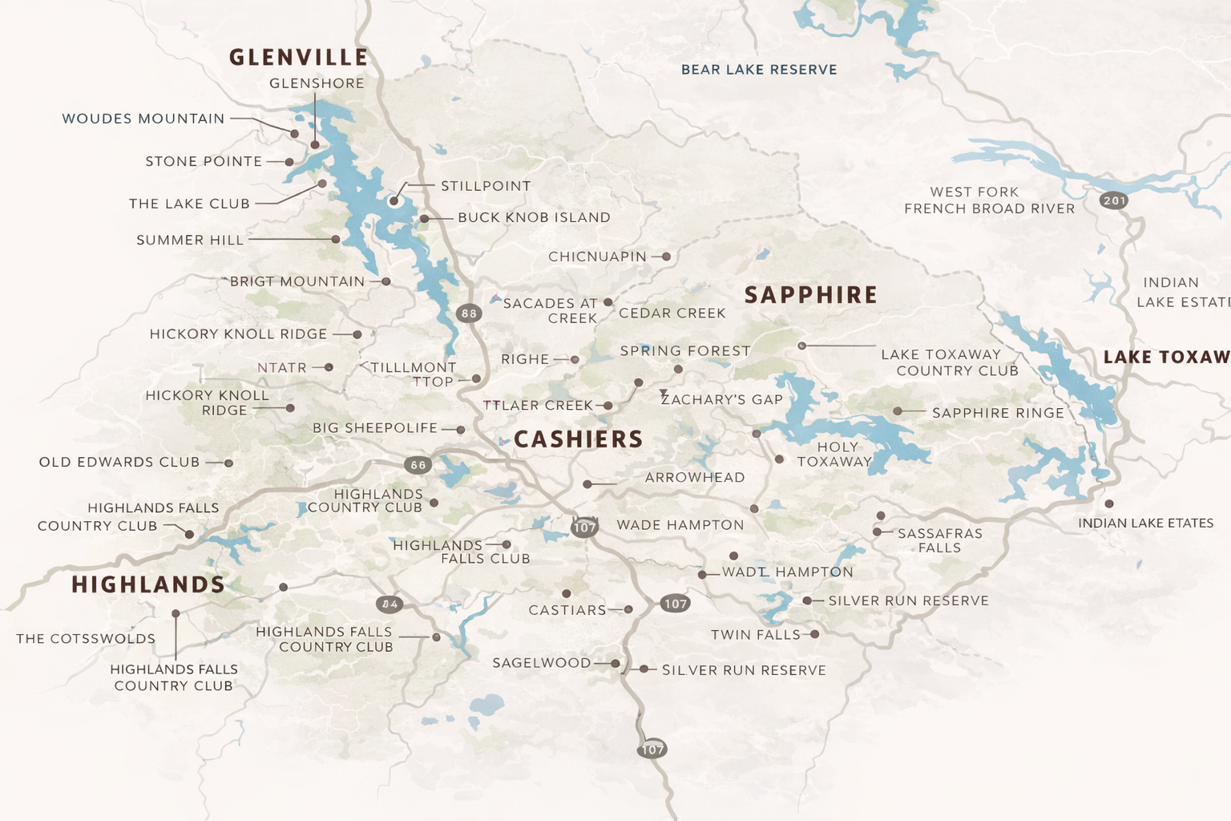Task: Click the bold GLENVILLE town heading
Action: pos(298,58)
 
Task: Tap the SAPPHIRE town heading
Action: pos(810,295)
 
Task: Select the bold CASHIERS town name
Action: pos(578,439)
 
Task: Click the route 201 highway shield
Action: pos(1114,200)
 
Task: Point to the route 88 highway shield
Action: pos(469,313)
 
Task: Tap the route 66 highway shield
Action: pos(418,465)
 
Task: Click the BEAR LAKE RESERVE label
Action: pos(758,70)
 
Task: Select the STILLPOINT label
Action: pos(486,186)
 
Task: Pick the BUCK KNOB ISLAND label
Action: pos(534,217)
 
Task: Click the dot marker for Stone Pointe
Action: pos(289,162)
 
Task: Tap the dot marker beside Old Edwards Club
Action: pos(228,463)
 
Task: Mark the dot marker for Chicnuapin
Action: pos(666,257)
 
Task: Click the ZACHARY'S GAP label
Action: pos(721,399)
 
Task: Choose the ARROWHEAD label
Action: pos(695,477)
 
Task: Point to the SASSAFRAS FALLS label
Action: pos(939,540)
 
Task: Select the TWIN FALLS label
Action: pos(755,635)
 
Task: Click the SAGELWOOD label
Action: pos(541,663)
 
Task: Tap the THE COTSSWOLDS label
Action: pos(86,639)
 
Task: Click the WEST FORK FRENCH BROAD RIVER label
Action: pos(989,200)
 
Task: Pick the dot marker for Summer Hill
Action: pos(336,239)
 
